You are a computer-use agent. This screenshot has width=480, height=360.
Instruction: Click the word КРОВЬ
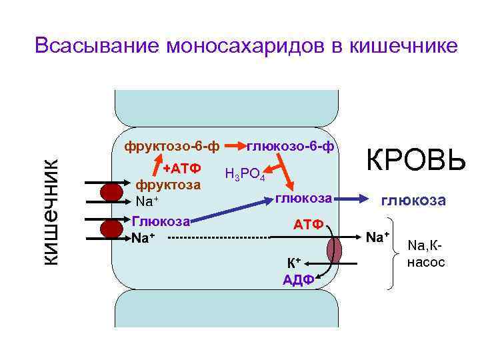[414, 161]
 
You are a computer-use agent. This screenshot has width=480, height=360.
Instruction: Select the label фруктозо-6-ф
[166, 145]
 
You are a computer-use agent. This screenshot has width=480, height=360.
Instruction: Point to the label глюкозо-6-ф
[291, 145]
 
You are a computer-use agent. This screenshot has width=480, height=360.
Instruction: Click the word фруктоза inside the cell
[168, 184]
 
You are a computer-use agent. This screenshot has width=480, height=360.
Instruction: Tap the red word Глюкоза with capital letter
[160, 221]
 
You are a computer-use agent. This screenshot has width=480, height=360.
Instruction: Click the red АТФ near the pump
[309, 225]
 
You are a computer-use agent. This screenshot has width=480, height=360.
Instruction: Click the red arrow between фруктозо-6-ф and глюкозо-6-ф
[235, 145]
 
